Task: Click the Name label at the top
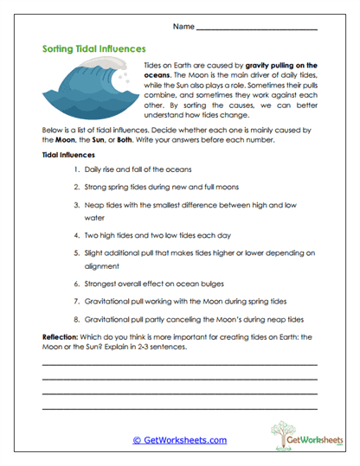pyautogui.click(x=183, y=28)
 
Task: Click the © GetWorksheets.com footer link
pyautogui.click(x=180, y=440)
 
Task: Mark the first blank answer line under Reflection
pyautogui.click(x=179, y=364)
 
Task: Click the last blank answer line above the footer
pyautogui.click(x=179, y=407)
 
